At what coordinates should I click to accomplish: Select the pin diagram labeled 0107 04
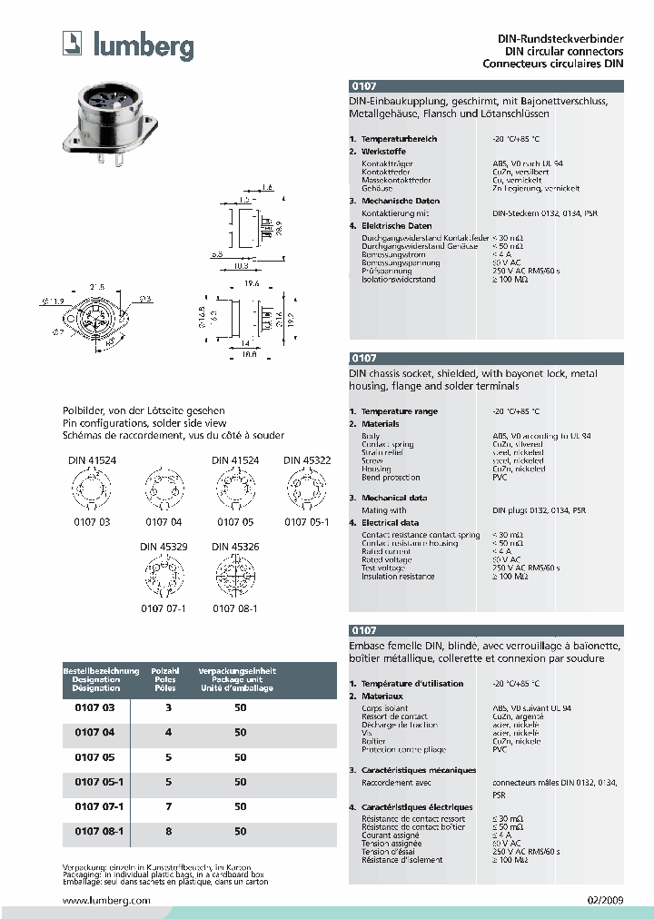(x=163, y=494)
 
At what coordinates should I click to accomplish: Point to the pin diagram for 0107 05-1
(x=306, y=494)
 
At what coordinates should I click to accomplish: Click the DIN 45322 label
(x=306, y=460)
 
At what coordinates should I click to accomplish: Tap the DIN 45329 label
(x=163, y=547)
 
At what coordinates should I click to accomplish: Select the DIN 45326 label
(x=235, y=547)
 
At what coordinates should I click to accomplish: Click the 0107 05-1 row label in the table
(x=93, y=782)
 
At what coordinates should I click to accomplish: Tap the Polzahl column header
(x=164, y=671)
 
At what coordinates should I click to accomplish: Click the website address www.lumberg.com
(x=105, y=900)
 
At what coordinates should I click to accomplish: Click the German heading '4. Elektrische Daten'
(x=397, y=225)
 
